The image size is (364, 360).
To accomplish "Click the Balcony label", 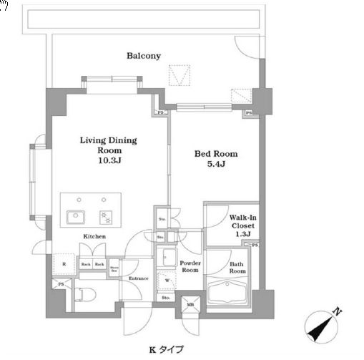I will (x=143, y=56).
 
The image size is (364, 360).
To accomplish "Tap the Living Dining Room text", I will (x=108, y=145).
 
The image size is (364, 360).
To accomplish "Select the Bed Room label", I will (x=216, y=154).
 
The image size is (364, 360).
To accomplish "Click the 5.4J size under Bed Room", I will (x=216, y=165).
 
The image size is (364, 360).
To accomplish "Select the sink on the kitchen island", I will (x=74, y=216).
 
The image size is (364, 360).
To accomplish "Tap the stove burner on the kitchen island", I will (x=104, y=216).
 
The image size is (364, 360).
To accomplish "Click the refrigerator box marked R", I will (x=65, y=264).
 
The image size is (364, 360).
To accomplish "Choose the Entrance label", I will (x=137, y=278).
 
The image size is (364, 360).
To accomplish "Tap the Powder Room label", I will (x=189, y=266).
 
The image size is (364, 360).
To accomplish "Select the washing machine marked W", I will (x=167, y=280).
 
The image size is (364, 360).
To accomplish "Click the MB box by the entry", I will (x=190, y=303).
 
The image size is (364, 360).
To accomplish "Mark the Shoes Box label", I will (x=114, y=269).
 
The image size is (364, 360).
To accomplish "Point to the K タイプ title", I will (x=165, y=349).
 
